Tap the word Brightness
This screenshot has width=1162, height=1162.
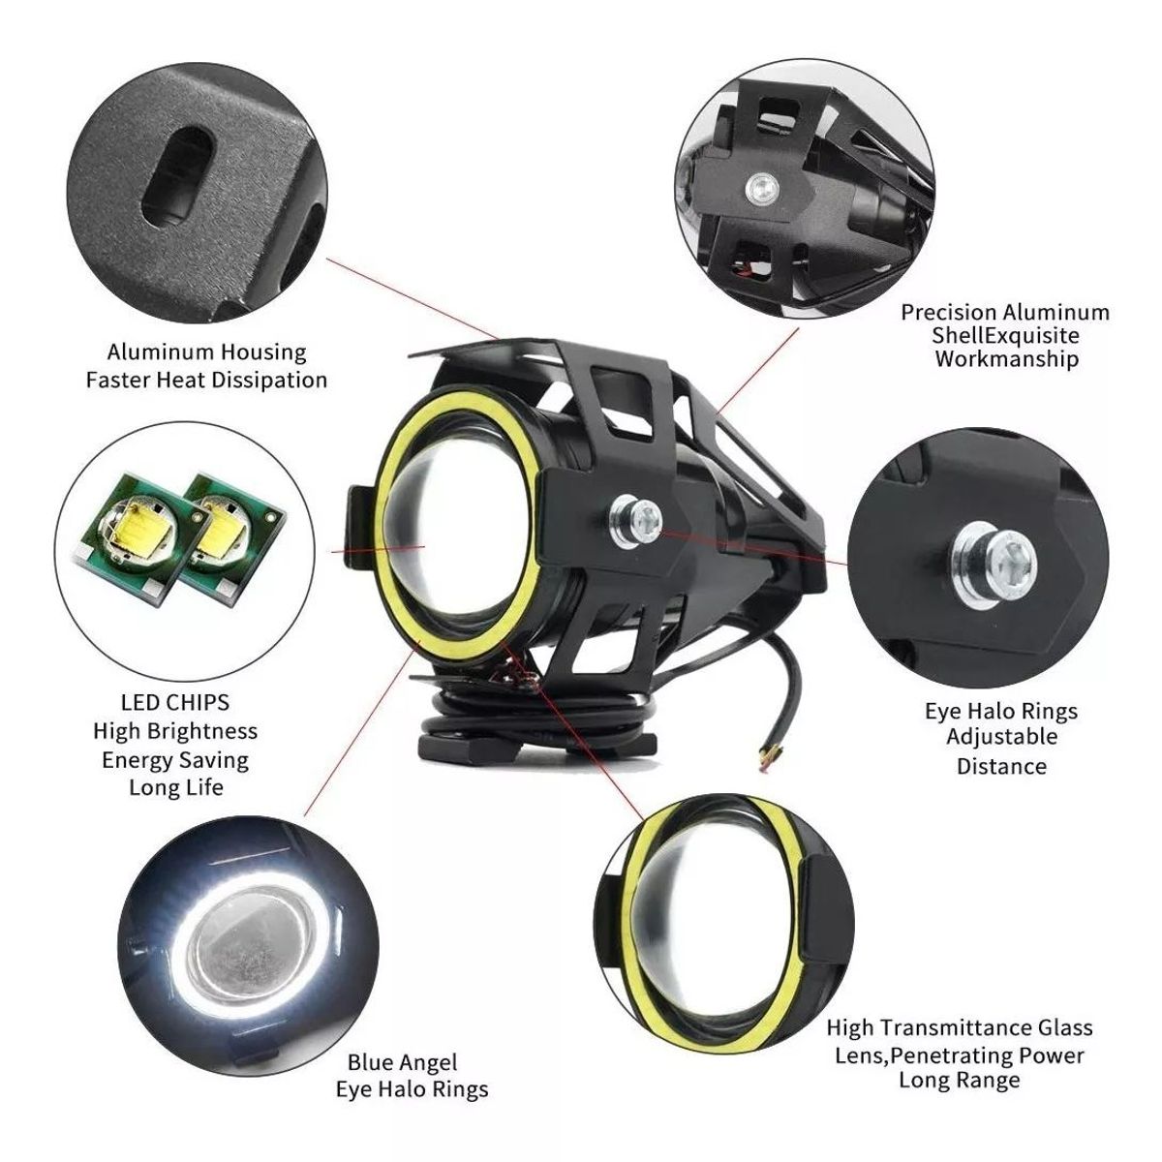click(201, 731)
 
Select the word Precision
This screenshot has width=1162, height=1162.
click(948, 313)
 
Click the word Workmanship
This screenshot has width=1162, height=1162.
click(1006, 359)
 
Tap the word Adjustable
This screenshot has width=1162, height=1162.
click(1001, 737)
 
